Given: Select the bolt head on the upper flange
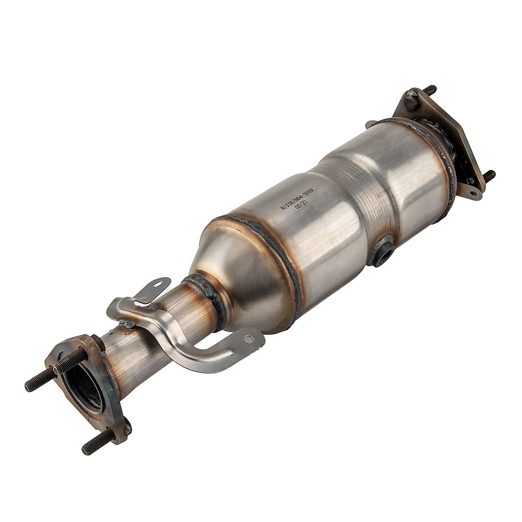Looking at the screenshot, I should click(x=411, y=103).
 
